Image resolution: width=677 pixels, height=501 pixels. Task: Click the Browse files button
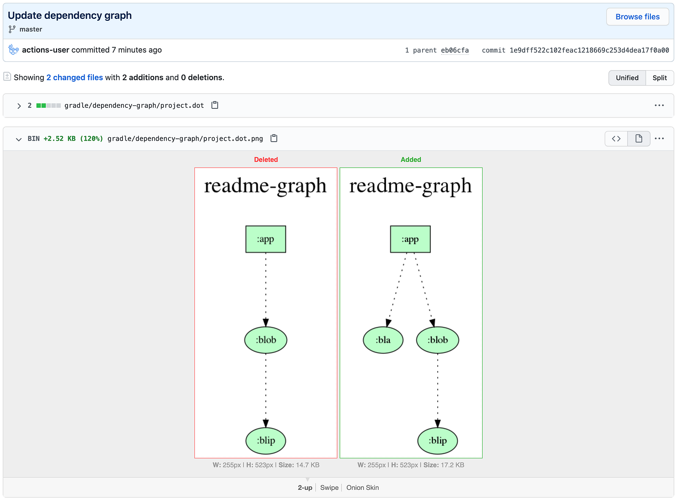[637, 17]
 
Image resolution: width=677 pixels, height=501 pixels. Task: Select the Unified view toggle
[627, 78]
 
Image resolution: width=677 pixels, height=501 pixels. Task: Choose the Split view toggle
[659, 78]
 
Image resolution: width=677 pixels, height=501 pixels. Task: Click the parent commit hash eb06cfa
[455, 50]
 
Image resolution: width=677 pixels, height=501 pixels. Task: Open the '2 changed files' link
[74, 77]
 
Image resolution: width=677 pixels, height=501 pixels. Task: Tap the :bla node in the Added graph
[383, 340]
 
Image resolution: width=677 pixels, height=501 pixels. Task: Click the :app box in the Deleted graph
[265, 239]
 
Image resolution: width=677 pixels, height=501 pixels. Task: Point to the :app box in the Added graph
[410, 239]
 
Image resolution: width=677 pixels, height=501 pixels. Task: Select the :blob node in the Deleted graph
[265, 340]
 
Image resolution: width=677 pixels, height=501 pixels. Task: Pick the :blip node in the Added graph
[438, 441]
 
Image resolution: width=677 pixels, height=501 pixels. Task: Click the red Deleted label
[266, 160]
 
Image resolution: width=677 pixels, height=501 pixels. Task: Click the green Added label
[411, 160]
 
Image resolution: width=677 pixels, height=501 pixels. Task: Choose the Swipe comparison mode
[329, 487]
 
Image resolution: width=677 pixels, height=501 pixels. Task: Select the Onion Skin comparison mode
[363, 487]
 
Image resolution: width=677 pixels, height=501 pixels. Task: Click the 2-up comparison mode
[305, 487]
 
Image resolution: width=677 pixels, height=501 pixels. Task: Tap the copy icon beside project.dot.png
[274, 138]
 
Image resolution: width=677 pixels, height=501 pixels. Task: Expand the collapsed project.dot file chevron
[19, 105]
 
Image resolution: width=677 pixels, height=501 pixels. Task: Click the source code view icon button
[616, 139]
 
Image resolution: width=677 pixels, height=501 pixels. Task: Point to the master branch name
[31, 29]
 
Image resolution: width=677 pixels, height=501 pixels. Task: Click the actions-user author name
[45, 50]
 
